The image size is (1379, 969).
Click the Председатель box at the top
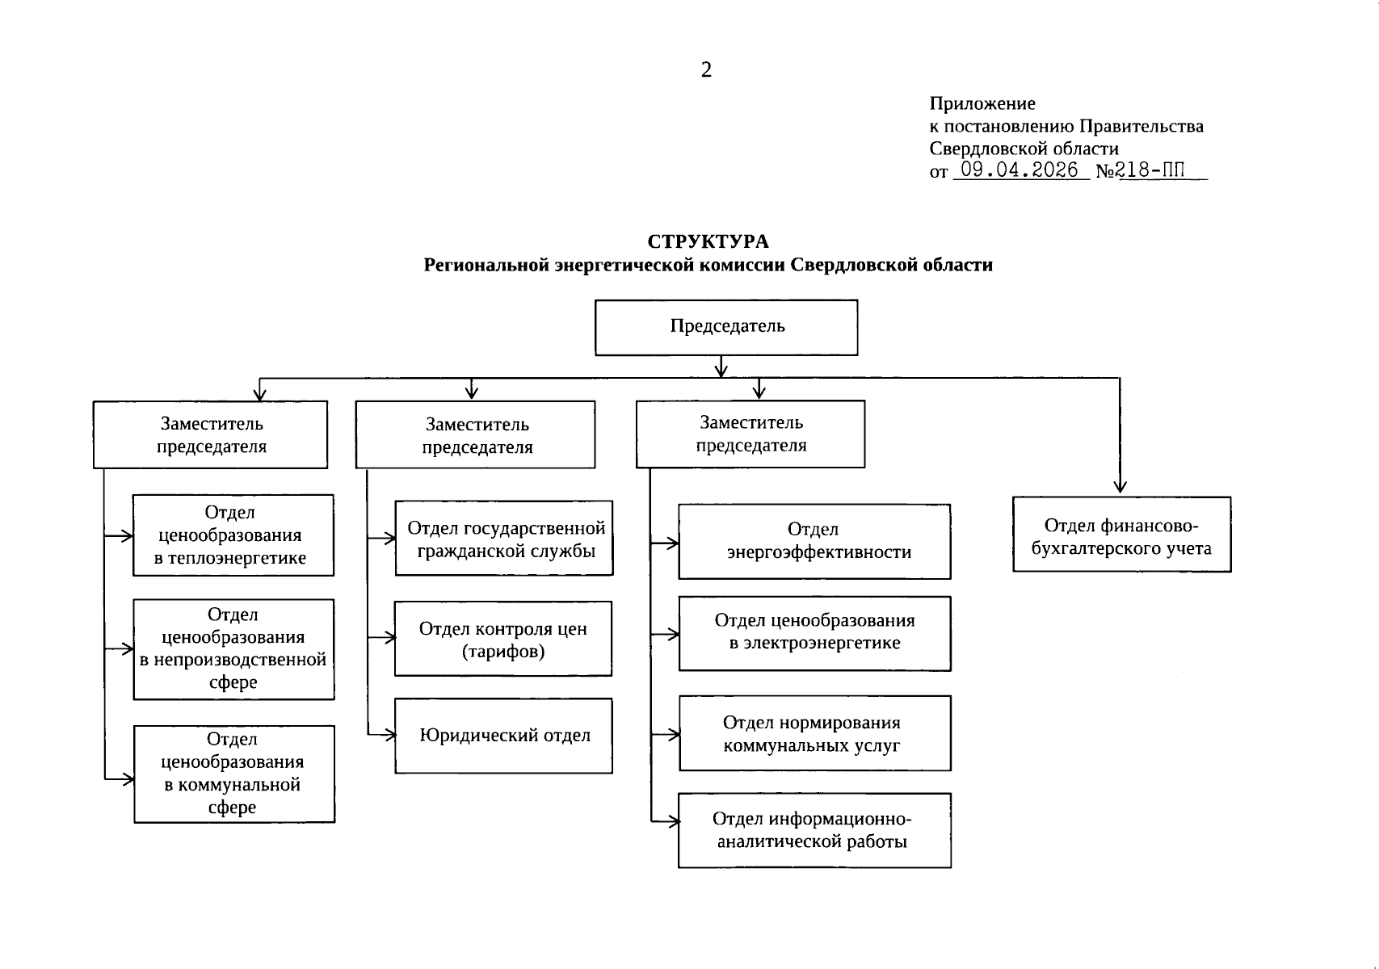(726, 327)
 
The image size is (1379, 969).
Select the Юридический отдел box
(503, 736)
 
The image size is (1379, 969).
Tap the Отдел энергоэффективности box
(814, 541)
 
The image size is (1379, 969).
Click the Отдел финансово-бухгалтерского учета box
(1121, 535)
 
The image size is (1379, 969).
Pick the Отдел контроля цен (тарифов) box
(502, 639)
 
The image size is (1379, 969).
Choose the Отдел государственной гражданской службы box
(504, 538)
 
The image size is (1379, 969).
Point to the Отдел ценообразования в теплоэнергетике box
(233, 535)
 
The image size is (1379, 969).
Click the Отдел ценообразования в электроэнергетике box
(814, 633)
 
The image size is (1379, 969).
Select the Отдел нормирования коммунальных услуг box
(814, 733)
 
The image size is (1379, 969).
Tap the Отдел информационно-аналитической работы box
(814, 830)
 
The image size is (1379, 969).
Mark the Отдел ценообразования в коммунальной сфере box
(233, 774)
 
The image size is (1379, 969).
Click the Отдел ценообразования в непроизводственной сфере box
(233, 649)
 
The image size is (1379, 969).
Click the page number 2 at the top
(706, 70)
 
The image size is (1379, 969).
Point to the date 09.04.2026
(1020, 170)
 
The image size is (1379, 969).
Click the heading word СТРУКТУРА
(708, 241)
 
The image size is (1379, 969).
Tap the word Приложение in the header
(982, 103)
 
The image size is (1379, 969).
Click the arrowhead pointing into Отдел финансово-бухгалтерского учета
(1120, 487)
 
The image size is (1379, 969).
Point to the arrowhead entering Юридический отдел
(391, 735)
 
